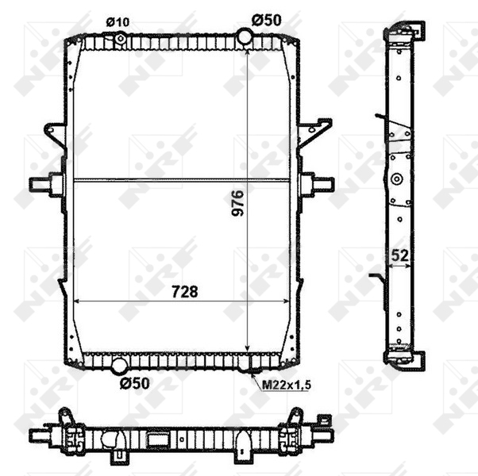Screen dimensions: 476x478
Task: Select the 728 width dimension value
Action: pyautogui.click(x=182, y=291)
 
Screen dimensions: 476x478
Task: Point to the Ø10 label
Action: pyautogui.click(x=118, y=20)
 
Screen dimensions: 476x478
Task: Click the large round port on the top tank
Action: pyautogui.click(x=246, y=36)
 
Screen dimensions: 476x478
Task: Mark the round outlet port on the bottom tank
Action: pyautogui.click(x=119, y=366)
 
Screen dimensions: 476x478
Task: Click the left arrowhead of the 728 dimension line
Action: pyautogui.click(x=78, y=301)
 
